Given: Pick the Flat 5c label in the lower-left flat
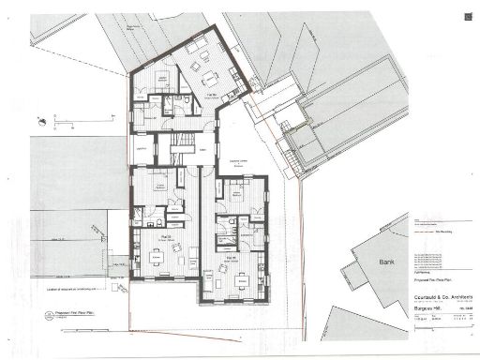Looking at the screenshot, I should (x=164, y=237).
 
